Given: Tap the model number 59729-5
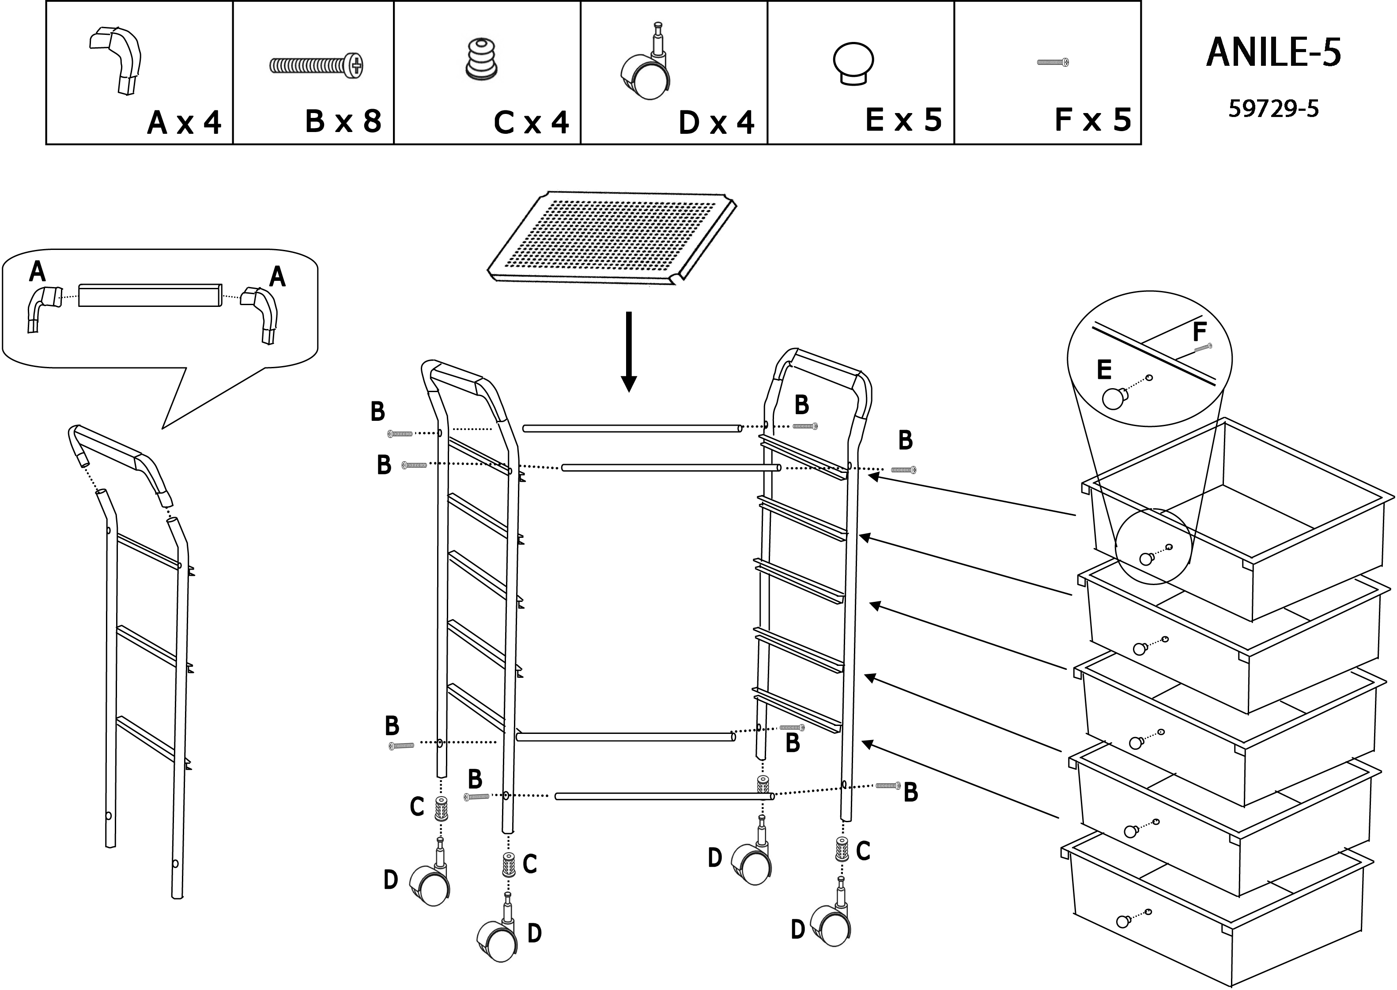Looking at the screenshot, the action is (x=1273, y=109).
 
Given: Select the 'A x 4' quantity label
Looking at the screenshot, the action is (x=184, y=122).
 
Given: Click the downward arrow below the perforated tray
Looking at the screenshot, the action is (x=628, y=352).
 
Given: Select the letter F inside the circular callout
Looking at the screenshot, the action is (x=1199, y=332).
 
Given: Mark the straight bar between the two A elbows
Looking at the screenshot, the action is (x=150, y=295).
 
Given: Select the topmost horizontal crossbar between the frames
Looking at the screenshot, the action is (x=632, y=429).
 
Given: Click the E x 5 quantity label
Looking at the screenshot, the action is (x=904, y=120).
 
